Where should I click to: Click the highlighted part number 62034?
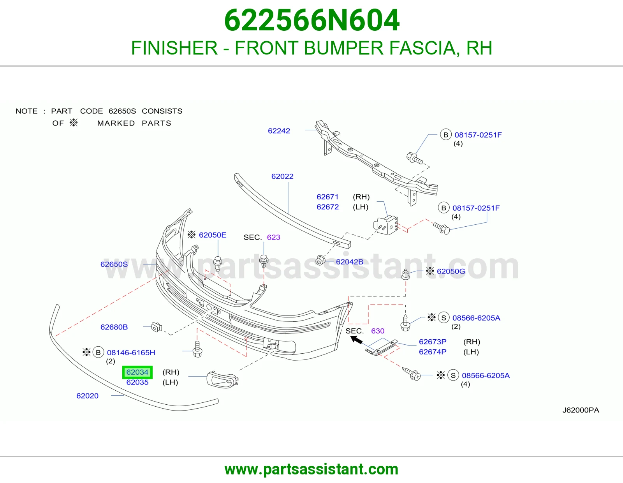click(x=137, y=372)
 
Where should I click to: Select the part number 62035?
click(x=137, y=382)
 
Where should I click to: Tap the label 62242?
click(x=279, y=131)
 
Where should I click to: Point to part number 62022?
click(x=282, y=176)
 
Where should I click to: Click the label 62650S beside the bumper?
click(x=114, y=264)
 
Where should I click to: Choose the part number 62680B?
click(x=114, y=327)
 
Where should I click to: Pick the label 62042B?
click(x=350, y=262)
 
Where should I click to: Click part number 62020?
click(x=88, y=396)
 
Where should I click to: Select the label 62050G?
click(x=451, y=271)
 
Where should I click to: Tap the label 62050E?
click(x=213, y=235)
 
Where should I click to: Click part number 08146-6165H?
click(x=131, y=353)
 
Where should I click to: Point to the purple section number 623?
click(x=273, y=237)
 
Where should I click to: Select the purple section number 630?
click(x=378, y=331)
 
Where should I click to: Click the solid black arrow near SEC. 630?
click(x=356, y=340)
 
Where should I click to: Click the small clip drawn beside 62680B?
click(x=157, y=327)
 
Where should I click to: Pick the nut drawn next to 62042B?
click(x=320, y=261)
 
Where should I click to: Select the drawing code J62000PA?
click(x=581, y=410)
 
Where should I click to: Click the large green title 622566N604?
click(x=311, y=20)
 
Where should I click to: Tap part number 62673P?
click(x=433, y=342)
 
